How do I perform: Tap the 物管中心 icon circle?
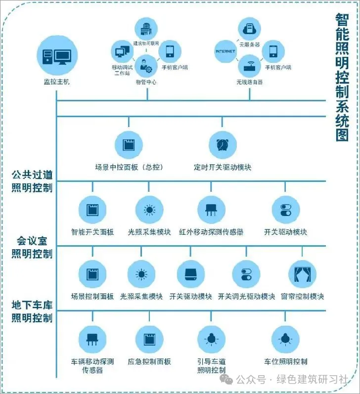(x=146, y=63)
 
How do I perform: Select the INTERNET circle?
(x=225, y=51)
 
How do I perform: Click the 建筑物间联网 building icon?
(x=146, y=28)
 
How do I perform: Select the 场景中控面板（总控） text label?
(x=129, y=167)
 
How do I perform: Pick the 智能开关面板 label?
(x=92, y=231)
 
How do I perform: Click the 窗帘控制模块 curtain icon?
(x=302, y=274)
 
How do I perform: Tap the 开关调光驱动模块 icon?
(x=246, y=274)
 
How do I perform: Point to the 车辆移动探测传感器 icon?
(x=92, y=340)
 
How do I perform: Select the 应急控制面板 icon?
(x=149, y=340)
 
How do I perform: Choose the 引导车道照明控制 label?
(x=212, y=366)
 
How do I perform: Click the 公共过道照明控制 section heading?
(x=32, y=181)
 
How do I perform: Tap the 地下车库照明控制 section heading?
(x=32, y=311)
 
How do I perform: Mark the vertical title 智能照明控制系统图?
(x=342, y=77)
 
